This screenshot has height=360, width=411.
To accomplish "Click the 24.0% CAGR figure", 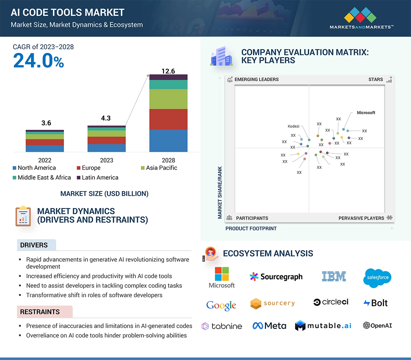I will click(39, 60).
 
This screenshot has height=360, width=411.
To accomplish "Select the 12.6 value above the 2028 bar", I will click(168, 71).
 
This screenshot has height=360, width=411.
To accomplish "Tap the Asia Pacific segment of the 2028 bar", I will click(168, 99).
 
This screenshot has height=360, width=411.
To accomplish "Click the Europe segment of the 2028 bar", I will click(168, 119).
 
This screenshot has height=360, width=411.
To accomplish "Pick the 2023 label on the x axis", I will click(106, 160).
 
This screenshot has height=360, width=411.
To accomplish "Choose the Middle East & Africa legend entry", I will click(41, 178).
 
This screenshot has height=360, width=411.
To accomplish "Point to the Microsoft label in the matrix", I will click(366, 113).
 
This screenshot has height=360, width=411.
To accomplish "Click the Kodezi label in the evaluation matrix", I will click(293, 126).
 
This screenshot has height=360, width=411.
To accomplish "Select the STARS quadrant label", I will click(376, 80).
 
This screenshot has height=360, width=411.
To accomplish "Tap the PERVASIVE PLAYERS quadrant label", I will click(361, 218).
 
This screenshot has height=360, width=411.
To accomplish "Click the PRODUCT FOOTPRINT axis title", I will click(251, 228).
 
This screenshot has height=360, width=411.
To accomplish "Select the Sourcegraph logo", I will click(276, 276).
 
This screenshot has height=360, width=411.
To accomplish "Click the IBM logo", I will click(334, 276).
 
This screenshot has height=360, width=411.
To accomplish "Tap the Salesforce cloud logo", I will click(377, 278).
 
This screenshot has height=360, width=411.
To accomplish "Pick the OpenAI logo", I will click(377, 326).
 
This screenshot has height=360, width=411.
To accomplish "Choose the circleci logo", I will click(331, 302).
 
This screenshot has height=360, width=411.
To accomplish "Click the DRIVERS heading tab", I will click(34, 245).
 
